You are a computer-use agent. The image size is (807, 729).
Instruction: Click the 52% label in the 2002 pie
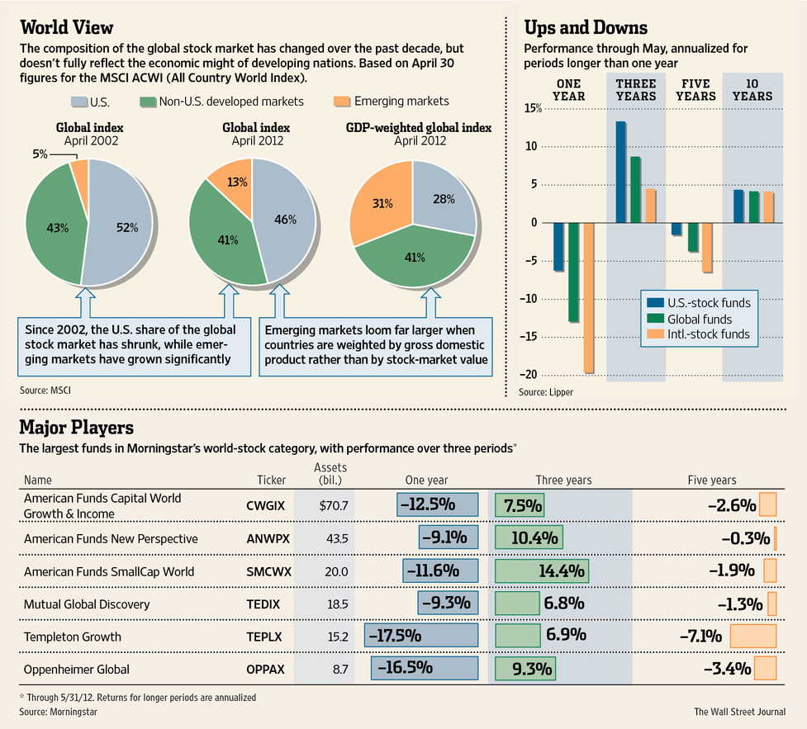pos(126,227)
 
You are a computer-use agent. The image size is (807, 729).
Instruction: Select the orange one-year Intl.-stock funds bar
pos(588,297)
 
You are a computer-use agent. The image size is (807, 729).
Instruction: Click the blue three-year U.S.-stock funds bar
pos(620,172)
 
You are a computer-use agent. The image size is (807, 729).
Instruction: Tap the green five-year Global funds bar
pos(693,237)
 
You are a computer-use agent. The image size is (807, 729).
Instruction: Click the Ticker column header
pos(272,480)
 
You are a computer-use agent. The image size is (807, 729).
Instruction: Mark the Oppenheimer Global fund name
pos(76,669)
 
